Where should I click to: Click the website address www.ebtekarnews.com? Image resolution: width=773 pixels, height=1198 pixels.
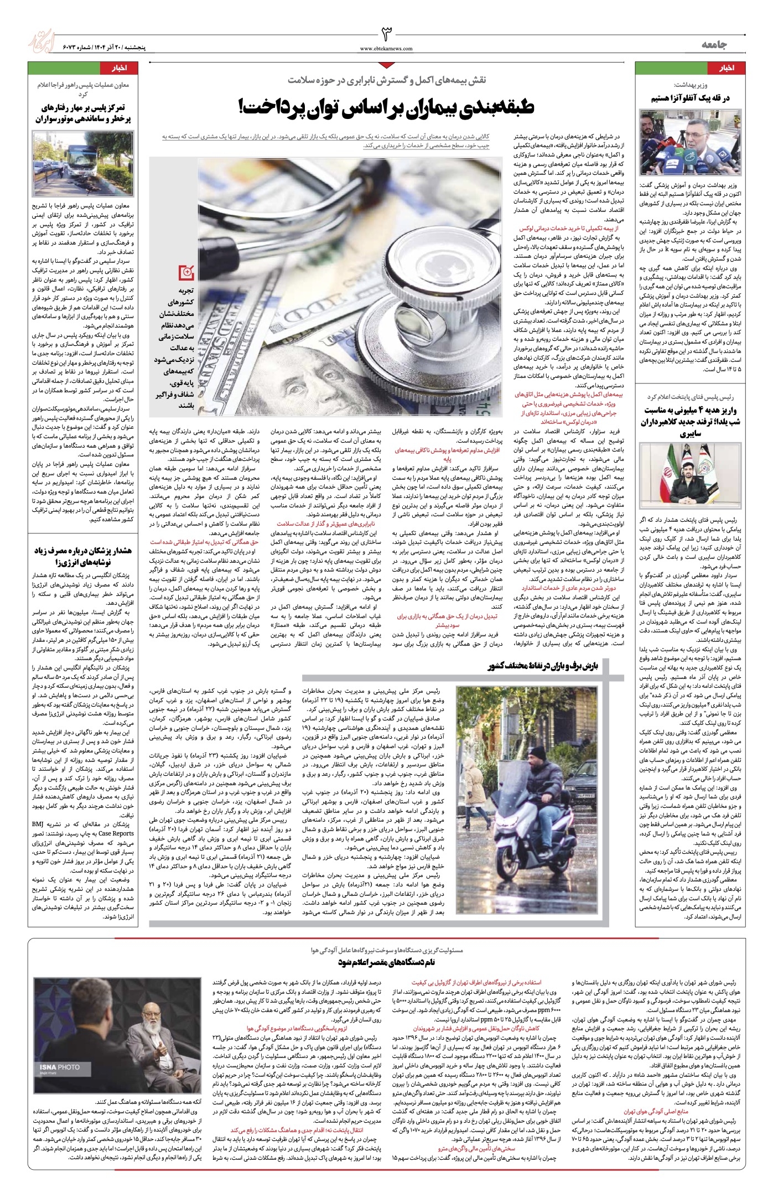point(386,49)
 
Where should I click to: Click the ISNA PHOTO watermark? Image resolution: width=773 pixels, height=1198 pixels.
point(60,1067)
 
